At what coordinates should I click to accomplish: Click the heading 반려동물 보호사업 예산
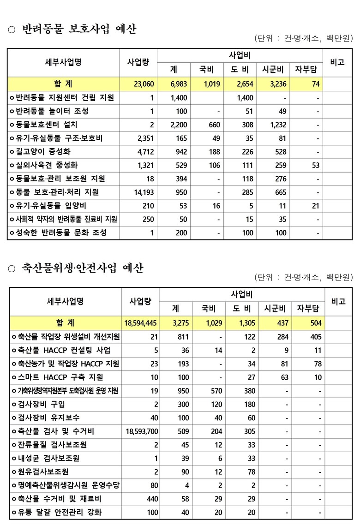point(79,30)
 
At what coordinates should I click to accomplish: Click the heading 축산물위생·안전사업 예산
point(82,268)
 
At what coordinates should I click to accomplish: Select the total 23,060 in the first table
point(143,84)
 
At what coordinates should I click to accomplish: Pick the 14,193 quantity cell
point(144,192)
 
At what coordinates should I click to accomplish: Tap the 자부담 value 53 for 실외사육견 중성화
point(315,165)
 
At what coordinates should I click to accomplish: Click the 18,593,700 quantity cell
point(142,431)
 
